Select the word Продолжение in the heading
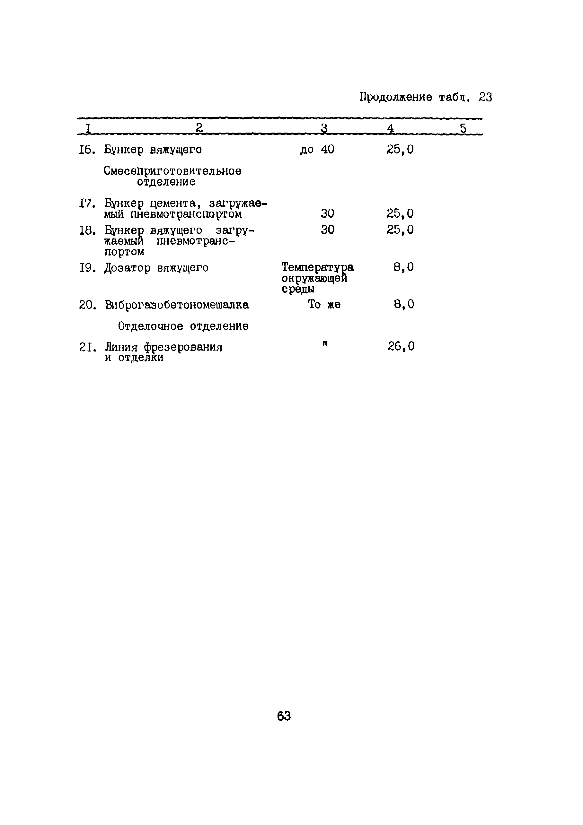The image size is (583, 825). pyautogui.click(x=396, y=97)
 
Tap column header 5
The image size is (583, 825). pyautogui.click(x=463, y=128)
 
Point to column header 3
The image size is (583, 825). pyautogui.click(x=324, y=128)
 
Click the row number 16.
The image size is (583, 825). pyautogui.click(x=87, y=150)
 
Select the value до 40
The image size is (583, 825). pyautogui.click(x=317, y=149)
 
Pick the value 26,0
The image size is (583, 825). pyautogui.click(x=401, y=346)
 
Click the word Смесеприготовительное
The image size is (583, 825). pyautogui.click(x=172, y=171)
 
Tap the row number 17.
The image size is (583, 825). pyautogui.click(x=87, y=204)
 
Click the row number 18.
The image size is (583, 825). pyautogui.click(x=87, y=230)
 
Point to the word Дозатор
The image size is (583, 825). pyautogui.click(x=127, y=268)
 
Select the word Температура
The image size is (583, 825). pyautogui.click(x=317, y=267)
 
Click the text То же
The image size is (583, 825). pyautogui.click(x=324, y=305)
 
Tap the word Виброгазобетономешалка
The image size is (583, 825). pyautogui.click(x=177, y=305)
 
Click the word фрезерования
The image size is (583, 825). pyautogui.click(x=183, y=347)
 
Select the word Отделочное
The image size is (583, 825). pyautogui.click(x=151, y=326)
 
